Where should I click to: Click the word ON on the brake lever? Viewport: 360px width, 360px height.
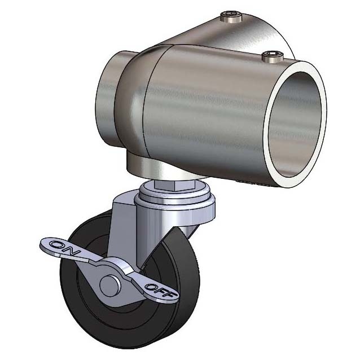(64, 248)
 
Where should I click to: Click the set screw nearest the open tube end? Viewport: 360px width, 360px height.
(273, 58)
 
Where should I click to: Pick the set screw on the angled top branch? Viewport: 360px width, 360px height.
(231, 16)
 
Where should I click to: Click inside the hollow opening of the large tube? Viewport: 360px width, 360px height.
(295, 124)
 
